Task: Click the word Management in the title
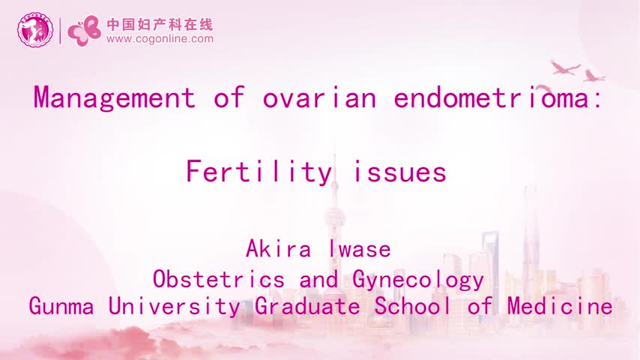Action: pos(114,97)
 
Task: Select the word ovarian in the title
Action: pos(319,98)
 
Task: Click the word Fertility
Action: pos(259,172)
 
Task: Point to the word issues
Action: pos(399,172)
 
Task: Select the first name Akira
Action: pos(278,248)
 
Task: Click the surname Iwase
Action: pos(360,248)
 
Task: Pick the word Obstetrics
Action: pos(219,280)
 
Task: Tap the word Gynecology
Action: pos(418,280)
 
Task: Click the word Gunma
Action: pos(61,306)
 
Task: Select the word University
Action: pos(175,307)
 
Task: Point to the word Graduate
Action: pos(307,306)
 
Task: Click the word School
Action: pos(413,306)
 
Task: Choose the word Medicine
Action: pos(560,306)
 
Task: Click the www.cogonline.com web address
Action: pos(160,39)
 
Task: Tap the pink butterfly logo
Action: pos(84,31)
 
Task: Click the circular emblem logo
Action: pos(35,29)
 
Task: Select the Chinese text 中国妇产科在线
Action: pos(160,25)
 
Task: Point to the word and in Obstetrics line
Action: pos(319,280)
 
